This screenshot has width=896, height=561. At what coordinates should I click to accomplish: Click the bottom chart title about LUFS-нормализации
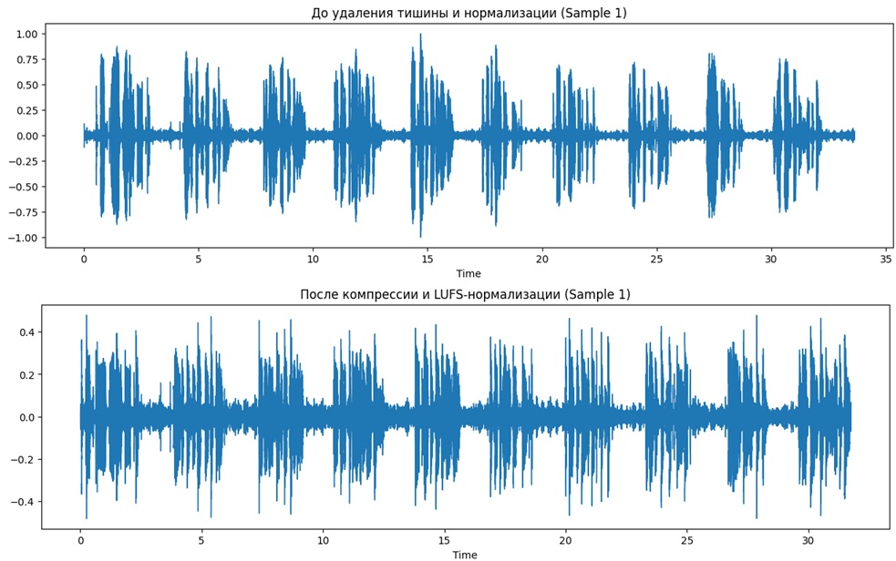[465, 294]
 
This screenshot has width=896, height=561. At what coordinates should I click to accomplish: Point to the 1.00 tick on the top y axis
[26, 34]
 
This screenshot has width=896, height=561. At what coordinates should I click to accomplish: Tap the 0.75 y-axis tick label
[26, 59]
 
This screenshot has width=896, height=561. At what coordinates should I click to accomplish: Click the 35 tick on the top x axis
[885, 259]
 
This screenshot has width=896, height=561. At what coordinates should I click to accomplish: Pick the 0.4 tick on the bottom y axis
[26, 332]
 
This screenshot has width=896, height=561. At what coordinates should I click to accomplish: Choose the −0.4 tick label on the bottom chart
[23, 502]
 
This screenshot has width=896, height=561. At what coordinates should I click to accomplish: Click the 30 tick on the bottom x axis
[808, 540]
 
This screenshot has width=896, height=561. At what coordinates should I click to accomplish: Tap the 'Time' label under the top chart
[469, 273]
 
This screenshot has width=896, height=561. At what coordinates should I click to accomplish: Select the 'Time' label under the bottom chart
[465, 555]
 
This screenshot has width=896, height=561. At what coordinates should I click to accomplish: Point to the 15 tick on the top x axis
[427, 259]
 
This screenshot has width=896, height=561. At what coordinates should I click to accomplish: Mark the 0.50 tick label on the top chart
[26, 85]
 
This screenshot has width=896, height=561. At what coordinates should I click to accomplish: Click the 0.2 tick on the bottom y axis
[26, 374]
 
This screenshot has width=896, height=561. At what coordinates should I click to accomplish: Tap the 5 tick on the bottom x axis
[201, 540]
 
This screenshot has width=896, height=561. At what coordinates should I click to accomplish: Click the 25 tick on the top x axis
[656, 259]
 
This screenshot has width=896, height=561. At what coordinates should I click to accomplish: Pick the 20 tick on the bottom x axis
[566, 540]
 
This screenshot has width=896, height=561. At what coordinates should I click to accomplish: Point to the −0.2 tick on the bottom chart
[23, 460]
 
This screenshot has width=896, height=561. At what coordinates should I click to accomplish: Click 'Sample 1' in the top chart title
[593, 13]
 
